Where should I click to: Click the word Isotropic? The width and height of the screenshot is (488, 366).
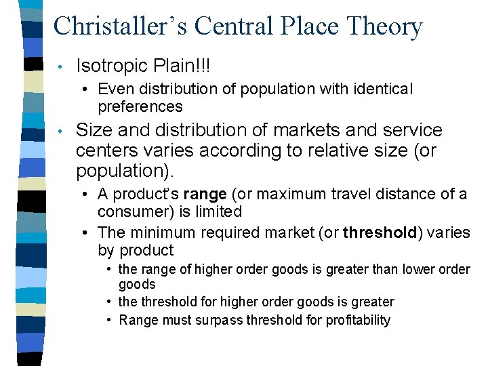(x=114, y=66)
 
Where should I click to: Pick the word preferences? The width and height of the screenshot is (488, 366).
(x=140, y=106)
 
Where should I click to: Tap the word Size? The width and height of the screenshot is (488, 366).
(x=92, y=130)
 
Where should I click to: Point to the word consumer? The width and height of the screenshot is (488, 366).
(x=129, y=211)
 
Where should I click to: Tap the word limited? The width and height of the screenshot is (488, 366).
(x=220, y=211)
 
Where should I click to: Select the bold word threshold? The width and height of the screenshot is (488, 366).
(x=380, y=233)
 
